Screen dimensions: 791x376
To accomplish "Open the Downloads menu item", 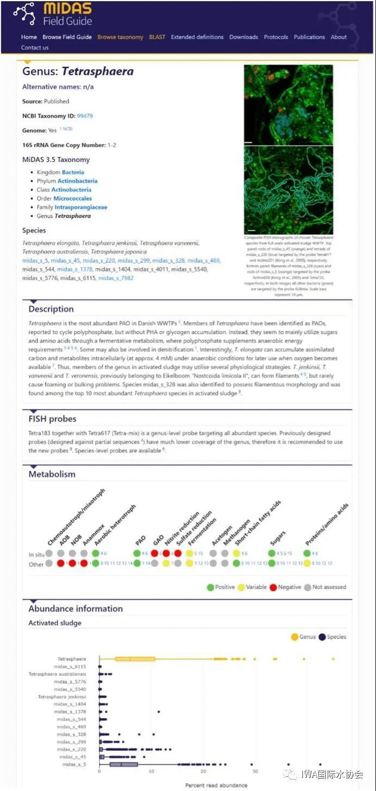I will (x=243, y=37).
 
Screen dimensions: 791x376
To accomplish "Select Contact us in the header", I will (x=35, y=47).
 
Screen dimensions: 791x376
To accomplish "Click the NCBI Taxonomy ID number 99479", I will (x=85, y=116).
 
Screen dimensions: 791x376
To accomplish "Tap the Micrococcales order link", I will (x=73, y=198).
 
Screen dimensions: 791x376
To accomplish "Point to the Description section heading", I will (x=51, y=309).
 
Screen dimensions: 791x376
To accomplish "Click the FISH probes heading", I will (x=52, y=419).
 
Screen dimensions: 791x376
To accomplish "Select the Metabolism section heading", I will (x=52, y=474).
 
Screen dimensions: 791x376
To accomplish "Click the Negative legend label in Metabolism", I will (x=289, y=587).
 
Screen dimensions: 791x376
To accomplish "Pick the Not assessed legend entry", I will (x=329, y=587).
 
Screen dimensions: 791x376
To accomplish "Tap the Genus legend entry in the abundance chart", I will (x=308, y=637).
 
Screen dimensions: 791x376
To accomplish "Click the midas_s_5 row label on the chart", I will (x=74, y=764).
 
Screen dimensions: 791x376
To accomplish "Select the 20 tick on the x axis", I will (x=203, y=771).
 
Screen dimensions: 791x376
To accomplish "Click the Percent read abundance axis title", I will (x=216, y=785).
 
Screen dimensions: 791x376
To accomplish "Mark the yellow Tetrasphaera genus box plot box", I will (x=135, y=659).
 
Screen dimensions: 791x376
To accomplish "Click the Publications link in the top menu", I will (x=309, y=37).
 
